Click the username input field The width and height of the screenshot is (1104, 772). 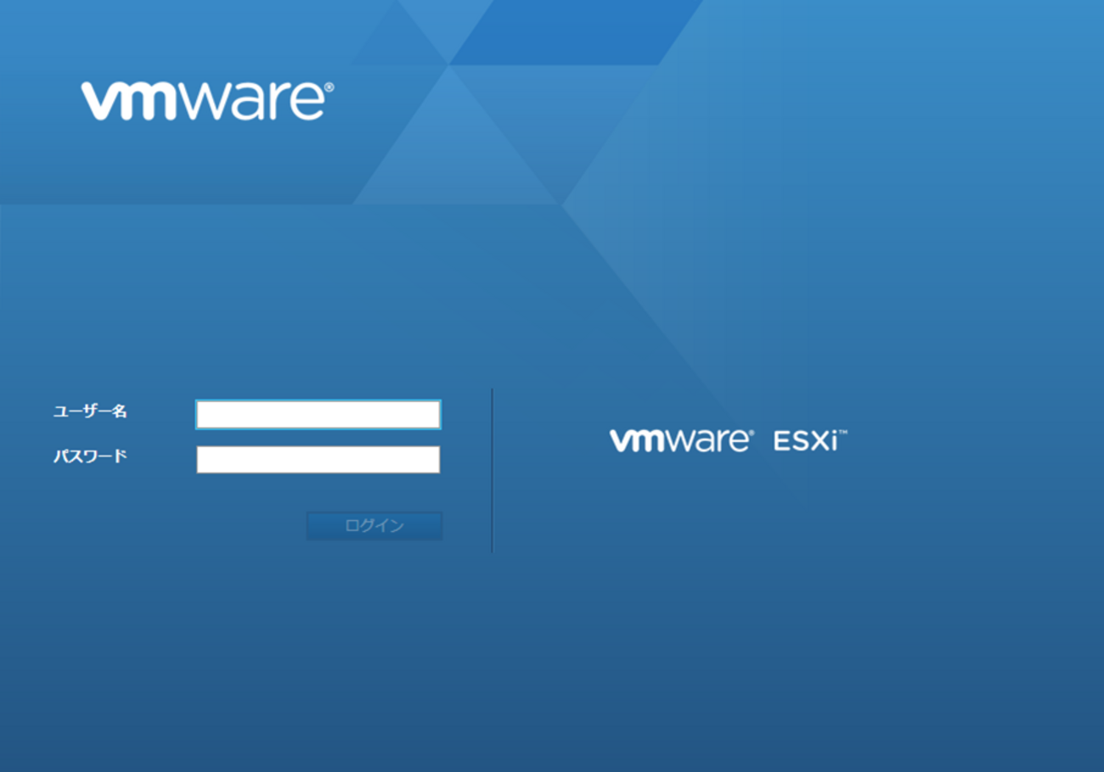click(x=318, y=415)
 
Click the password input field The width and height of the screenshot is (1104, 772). click(x=318, y=459)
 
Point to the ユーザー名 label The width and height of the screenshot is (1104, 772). click(x=90, y=411)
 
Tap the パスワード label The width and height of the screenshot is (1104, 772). click(x=90, y=456)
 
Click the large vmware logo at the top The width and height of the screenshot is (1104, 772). click(x=207, y=101)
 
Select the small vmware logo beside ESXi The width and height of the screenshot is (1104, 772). click(x=682, y=440)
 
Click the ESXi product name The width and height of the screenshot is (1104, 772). click(x=806, y=440)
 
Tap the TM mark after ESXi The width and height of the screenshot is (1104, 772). click(x=843, y=433)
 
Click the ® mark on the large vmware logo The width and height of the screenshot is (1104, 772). click(x=330, y=87)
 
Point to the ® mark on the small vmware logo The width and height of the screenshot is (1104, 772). click(x=751, y=433)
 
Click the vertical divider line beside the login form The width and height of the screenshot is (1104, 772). click(x=492, y=470)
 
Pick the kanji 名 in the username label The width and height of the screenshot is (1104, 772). click(x=119, y=411)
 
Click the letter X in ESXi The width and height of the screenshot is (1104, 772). click(x=819, y=441)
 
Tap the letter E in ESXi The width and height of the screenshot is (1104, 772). click(x=781, y=441)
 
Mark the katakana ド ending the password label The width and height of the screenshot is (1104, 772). click(x=120, y=456)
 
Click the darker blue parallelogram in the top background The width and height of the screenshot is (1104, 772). click(x=577, y=32)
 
